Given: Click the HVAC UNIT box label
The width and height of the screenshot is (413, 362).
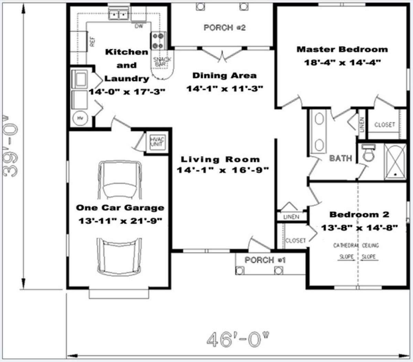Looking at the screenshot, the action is [x=157, y=142].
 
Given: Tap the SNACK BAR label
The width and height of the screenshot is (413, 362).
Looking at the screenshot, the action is [x=162, y=61].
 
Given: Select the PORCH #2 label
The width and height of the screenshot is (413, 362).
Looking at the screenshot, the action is [x=224, y=28].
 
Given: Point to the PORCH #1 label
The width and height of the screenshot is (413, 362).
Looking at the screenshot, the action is [x=265, y=260].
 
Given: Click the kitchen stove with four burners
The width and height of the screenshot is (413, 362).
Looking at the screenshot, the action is [x=158, y=41].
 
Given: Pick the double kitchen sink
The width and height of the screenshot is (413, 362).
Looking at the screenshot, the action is [x=118, y=13].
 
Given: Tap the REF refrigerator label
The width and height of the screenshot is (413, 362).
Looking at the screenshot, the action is [x=92, y=42].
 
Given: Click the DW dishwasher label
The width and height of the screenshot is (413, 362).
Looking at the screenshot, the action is [x=139, y=26].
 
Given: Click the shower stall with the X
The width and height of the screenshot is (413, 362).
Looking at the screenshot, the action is [x=395, y=162].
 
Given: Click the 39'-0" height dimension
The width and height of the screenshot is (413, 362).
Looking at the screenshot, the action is [x=10, y=145].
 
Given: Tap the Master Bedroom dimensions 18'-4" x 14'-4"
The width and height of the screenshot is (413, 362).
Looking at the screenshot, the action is [x=342, y=62].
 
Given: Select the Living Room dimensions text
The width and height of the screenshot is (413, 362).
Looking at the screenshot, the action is [x=223, y=170].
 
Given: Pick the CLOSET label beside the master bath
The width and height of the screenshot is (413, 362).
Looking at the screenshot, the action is [x=385, y=125].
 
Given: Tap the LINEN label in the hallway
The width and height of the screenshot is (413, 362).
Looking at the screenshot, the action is [x=291, y=217].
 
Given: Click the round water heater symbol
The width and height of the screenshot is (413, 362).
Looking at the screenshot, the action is [x=80, y=119].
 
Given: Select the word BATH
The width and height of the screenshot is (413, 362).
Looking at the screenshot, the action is [x=341, y=158].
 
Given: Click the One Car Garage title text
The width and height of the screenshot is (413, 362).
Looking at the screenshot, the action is [x=120, y=208].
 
